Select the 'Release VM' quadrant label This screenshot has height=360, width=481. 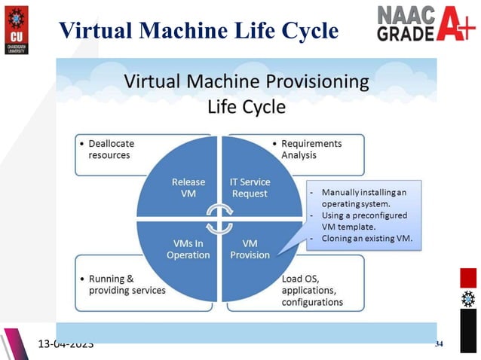188,188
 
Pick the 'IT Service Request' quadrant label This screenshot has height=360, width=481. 249,188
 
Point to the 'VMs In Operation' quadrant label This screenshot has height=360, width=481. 188,249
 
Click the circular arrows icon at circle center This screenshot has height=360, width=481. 219,218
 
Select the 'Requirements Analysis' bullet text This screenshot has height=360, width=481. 311,149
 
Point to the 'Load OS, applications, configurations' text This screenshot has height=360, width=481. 312,290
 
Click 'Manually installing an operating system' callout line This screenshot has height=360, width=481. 363,198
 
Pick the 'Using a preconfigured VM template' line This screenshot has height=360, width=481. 363,221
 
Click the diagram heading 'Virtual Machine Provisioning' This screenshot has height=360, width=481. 246,81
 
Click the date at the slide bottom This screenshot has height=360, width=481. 66,344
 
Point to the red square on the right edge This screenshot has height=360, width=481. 469,277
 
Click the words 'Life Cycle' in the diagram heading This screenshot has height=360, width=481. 247,107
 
